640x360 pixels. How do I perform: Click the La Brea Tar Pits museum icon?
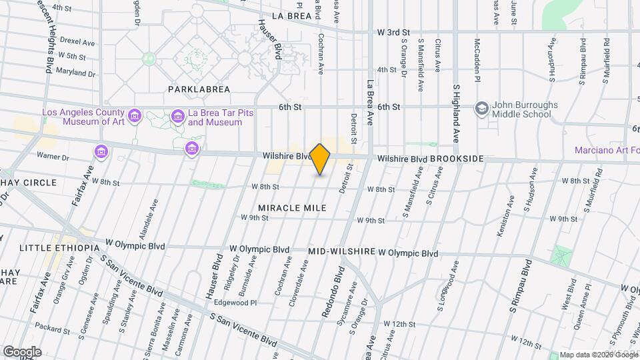177,117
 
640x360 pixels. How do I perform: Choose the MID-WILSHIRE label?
341,253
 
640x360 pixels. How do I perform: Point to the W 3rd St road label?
393,32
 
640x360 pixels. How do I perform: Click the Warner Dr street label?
53,157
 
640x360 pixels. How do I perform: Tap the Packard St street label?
53,329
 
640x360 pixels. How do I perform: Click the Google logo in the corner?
21,352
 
